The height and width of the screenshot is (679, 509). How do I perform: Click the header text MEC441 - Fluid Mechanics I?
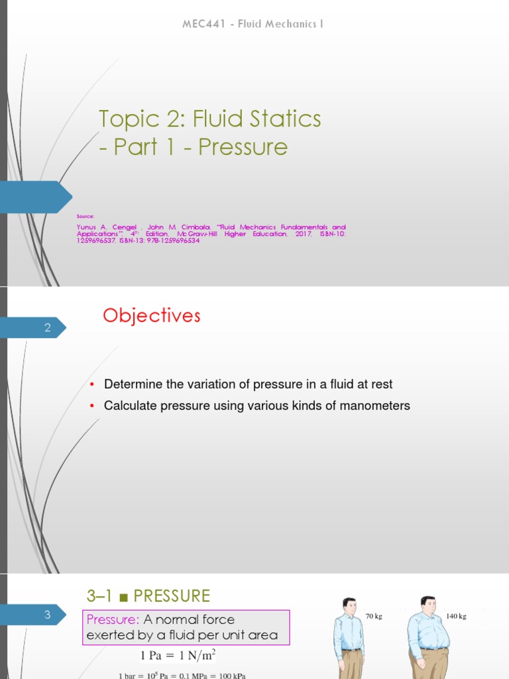(253, 25)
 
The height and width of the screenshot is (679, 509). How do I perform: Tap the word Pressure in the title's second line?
(243, 147)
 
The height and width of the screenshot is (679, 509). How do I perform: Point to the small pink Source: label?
(85, 216)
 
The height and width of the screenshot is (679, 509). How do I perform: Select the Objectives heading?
(151, 316)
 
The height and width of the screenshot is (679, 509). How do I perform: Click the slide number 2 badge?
(48, 327)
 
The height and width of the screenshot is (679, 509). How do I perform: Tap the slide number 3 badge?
(48, 615)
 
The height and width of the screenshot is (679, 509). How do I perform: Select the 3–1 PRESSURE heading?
(148, 595)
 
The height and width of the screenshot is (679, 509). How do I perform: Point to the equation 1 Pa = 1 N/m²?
(178, 656)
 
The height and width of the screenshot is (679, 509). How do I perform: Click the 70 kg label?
(374, 616)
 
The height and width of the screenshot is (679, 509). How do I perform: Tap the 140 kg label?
(456, 616)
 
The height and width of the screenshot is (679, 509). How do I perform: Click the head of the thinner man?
(349, 605)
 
